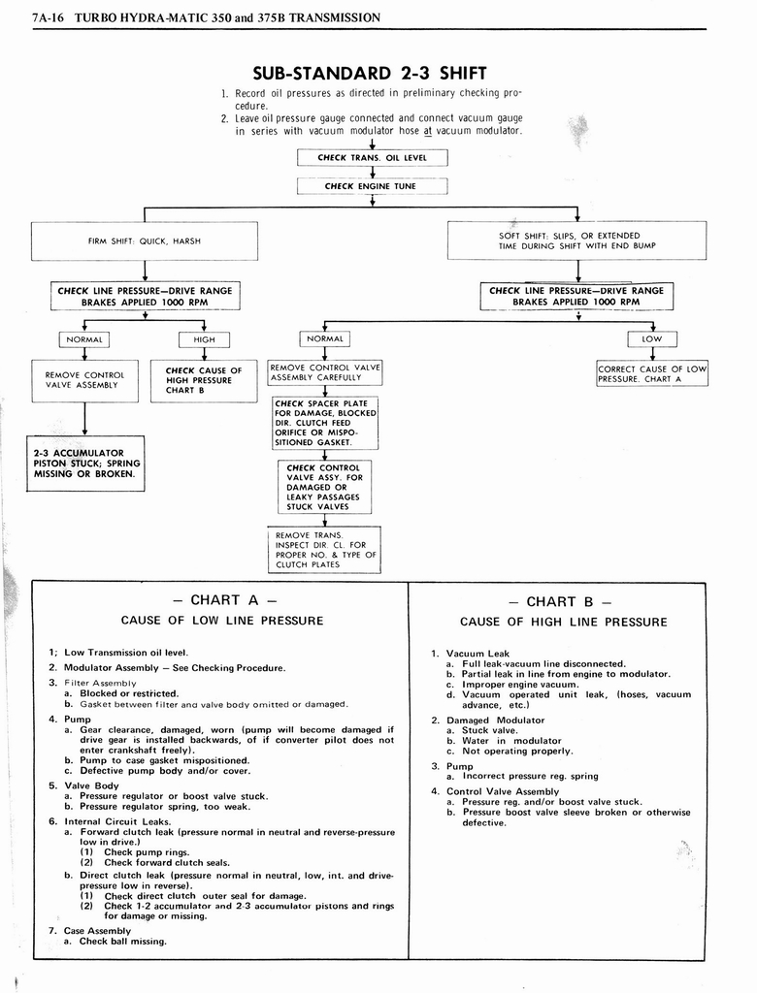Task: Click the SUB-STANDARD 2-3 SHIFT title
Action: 369,73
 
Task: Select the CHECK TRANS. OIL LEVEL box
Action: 373,157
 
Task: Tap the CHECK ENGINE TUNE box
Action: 373,186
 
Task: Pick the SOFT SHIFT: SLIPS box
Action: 576,240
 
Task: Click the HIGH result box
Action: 204,339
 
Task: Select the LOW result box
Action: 652,339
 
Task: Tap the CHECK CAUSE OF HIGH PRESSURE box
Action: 204,381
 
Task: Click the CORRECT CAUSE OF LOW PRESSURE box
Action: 652,373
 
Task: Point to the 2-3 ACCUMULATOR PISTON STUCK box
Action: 85,464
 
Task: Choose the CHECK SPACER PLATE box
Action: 325,423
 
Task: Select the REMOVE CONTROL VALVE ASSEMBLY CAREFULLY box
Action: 325,372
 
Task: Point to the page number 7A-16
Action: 46,17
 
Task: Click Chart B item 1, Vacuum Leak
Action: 477,654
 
